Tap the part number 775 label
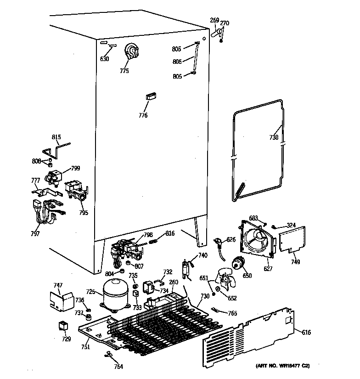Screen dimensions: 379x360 [x=124, y=71]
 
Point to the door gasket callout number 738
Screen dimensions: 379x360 [x=274, y=137]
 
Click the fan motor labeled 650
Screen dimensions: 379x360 [x=238, y=263]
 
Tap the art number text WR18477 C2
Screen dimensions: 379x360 [x=282, y=366]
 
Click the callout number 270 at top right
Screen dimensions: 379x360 [x=225, y=23]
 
